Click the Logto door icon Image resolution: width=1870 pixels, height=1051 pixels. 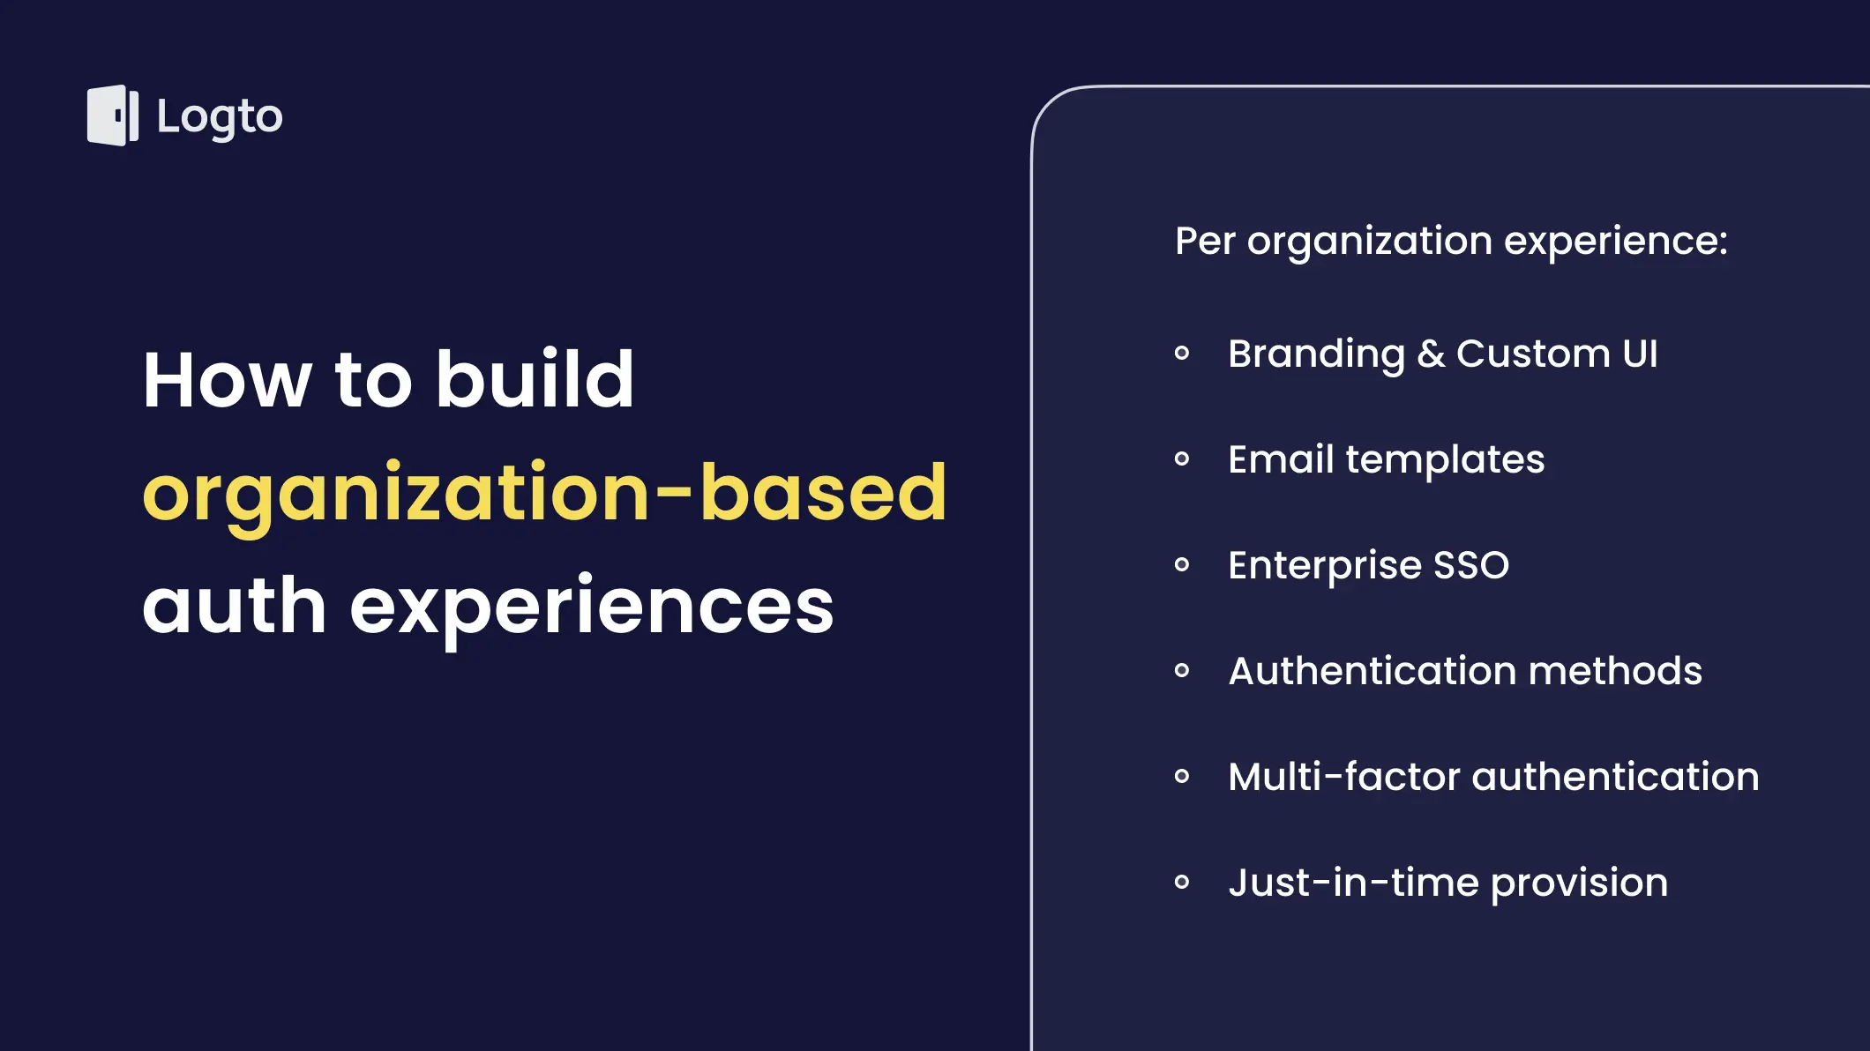point(113,116)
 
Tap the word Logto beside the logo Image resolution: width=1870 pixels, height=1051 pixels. point(220,117)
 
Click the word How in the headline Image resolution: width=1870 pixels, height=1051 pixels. point(228,380)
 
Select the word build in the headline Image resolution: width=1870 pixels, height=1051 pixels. point(535,379)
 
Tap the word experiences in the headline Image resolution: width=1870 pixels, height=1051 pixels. point(592,611)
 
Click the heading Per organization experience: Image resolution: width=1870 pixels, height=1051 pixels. point(1451,242)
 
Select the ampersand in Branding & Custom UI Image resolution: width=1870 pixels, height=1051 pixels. point(1431,354)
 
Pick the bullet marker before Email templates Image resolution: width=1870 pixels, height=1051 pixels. point(1182,458)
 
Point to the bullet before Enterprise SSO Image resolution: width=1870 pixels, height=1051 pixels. point(1182,564)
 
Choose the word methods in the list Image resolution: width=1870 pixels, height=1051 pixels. point(1615,671)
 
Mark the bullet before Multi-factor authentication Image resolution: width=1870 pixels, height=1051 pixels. point(1182,776)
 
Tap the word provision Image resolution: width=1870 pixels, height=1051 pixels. point(1579,884)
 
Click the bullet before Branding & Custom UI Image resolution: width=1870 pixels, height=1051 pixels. point(1182,354)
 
